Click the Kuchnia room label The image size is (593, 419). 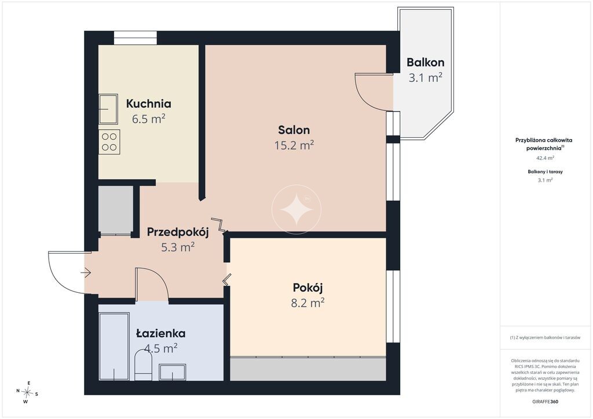[x=149, y=104]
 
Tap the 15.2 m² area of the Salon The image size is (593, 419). [x=294, y=145]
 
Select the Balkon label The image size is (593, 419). [x=426, y=63]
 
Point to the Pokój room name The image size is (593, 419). [x=308, y=288]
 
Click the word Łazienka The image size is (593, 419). [x=161, y=333]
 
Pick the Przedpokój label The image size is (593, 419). [x=178, y=232]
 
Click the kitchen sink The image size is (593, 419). [x=108, y=109]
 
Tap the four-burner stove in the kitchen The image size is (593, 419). [x=109, y=142]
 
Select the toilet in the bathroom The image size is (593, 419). [x=144, y=365]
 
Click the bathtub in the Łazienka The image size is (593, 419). [x=114, y=346]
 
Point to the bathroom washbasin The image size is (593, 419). [x=173, y=372]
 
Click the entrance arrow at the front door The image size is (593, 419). [x=86, y=273]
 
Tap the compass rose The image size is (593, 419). [x=27, y=392]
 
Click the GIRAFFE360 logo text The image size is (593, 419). [x=545, y=402]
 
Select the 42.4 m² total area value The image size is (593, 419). [x=546, y=158]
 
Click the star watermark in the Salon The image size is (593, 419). [x=296, y=209]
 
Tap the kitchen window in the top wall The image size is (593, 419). [x=136, y=38]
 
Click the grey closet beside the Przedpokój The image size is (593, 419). [x=116, y=210]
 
